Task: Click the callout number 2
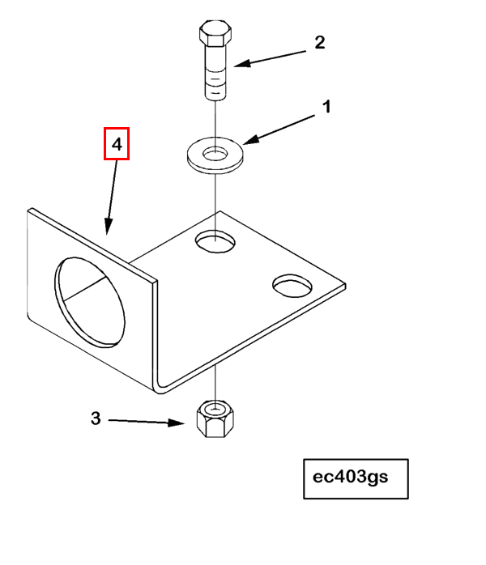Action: tap(319, 43)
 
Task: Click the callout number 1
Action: tap(327, 107)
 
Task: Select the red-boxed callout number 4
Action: tap(117, 145)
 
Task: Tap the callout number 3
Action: tap(96, 418)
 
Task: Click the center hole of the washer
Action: tap(215, 151)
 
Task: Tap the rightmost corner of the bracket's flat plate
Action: tap(344, 284)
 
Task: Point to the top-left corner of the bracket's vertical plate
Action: tap(31, 210)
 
